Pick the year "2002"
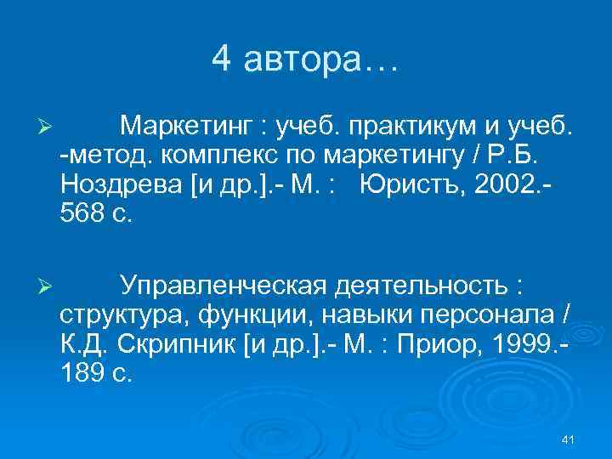(x=505, y=184)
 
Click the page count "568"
(x=82, y=212)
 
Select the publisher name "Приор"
(x=431, y=343)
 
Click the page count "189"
(x=82, y=371)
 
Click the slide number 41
(x=569, y=439)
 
